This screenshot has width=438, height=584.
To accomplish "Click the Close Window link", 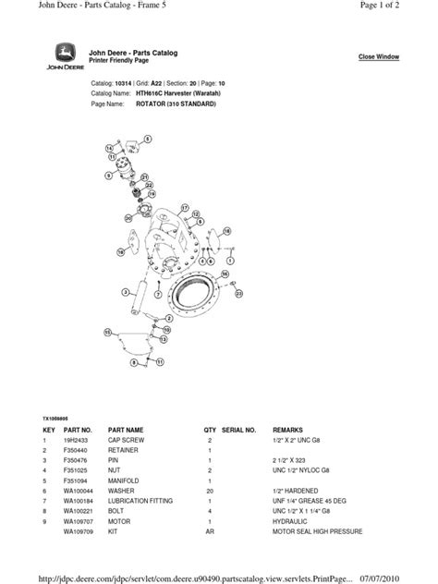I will point(379,57).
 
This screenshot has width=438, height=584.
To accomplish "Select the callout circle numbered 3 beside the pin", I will point(124,291).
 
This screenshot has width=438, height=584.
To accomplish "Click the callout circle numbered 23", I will point(238,293).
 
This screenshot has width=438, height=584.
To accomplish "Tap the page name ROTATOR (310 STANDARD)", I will point(176,104).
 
